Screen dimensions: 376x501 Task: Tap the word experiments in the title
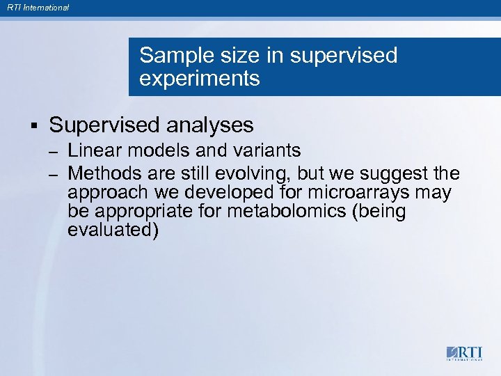click(199, 79)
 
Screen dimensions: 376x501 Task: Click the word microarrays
click(359, 191)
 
